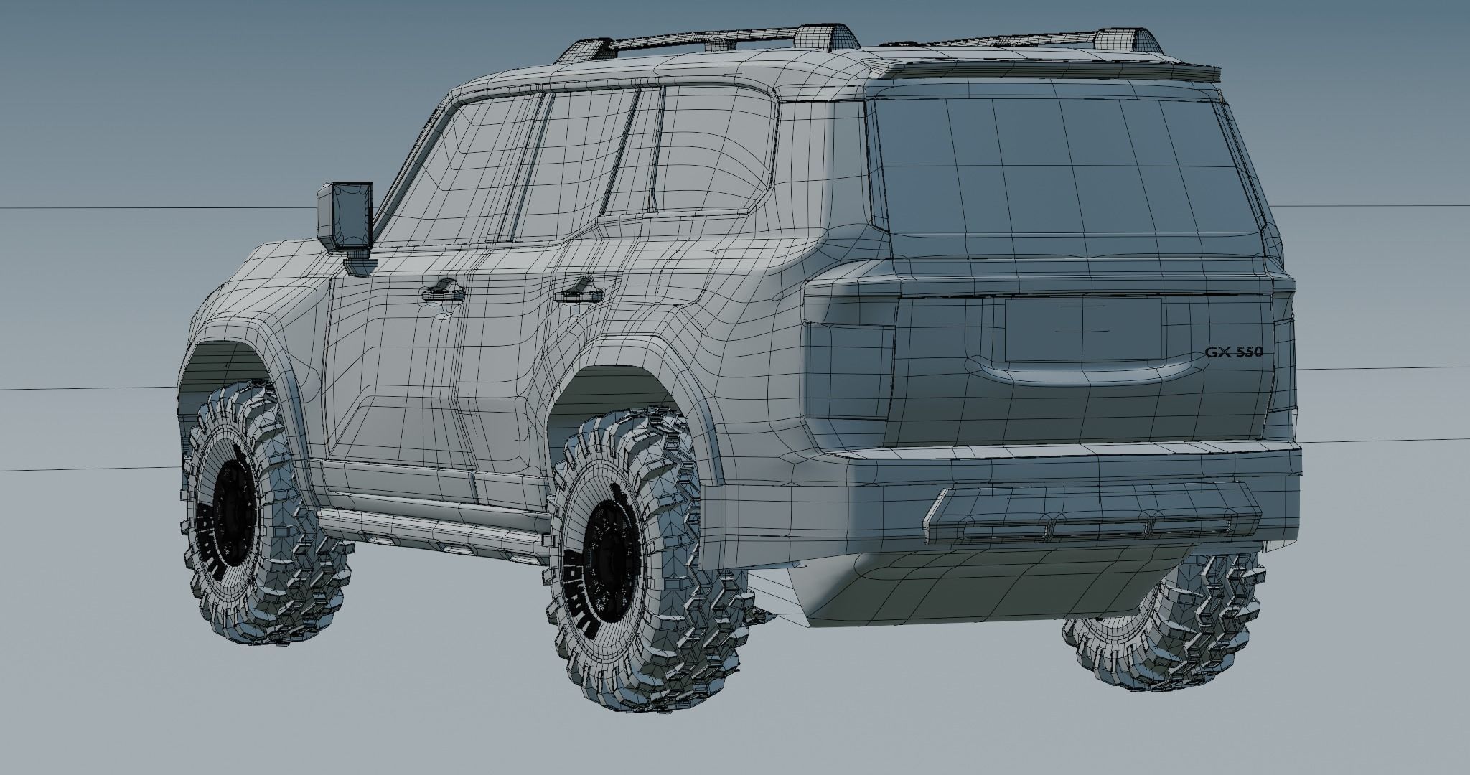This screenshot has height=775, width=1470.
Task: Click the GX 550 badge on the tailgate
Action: coord(1234,352)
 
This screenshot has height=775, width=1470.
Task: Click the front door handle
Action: coord(443,291)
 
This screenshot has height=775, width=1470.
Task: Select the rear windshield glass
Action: coord(1062,179)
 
